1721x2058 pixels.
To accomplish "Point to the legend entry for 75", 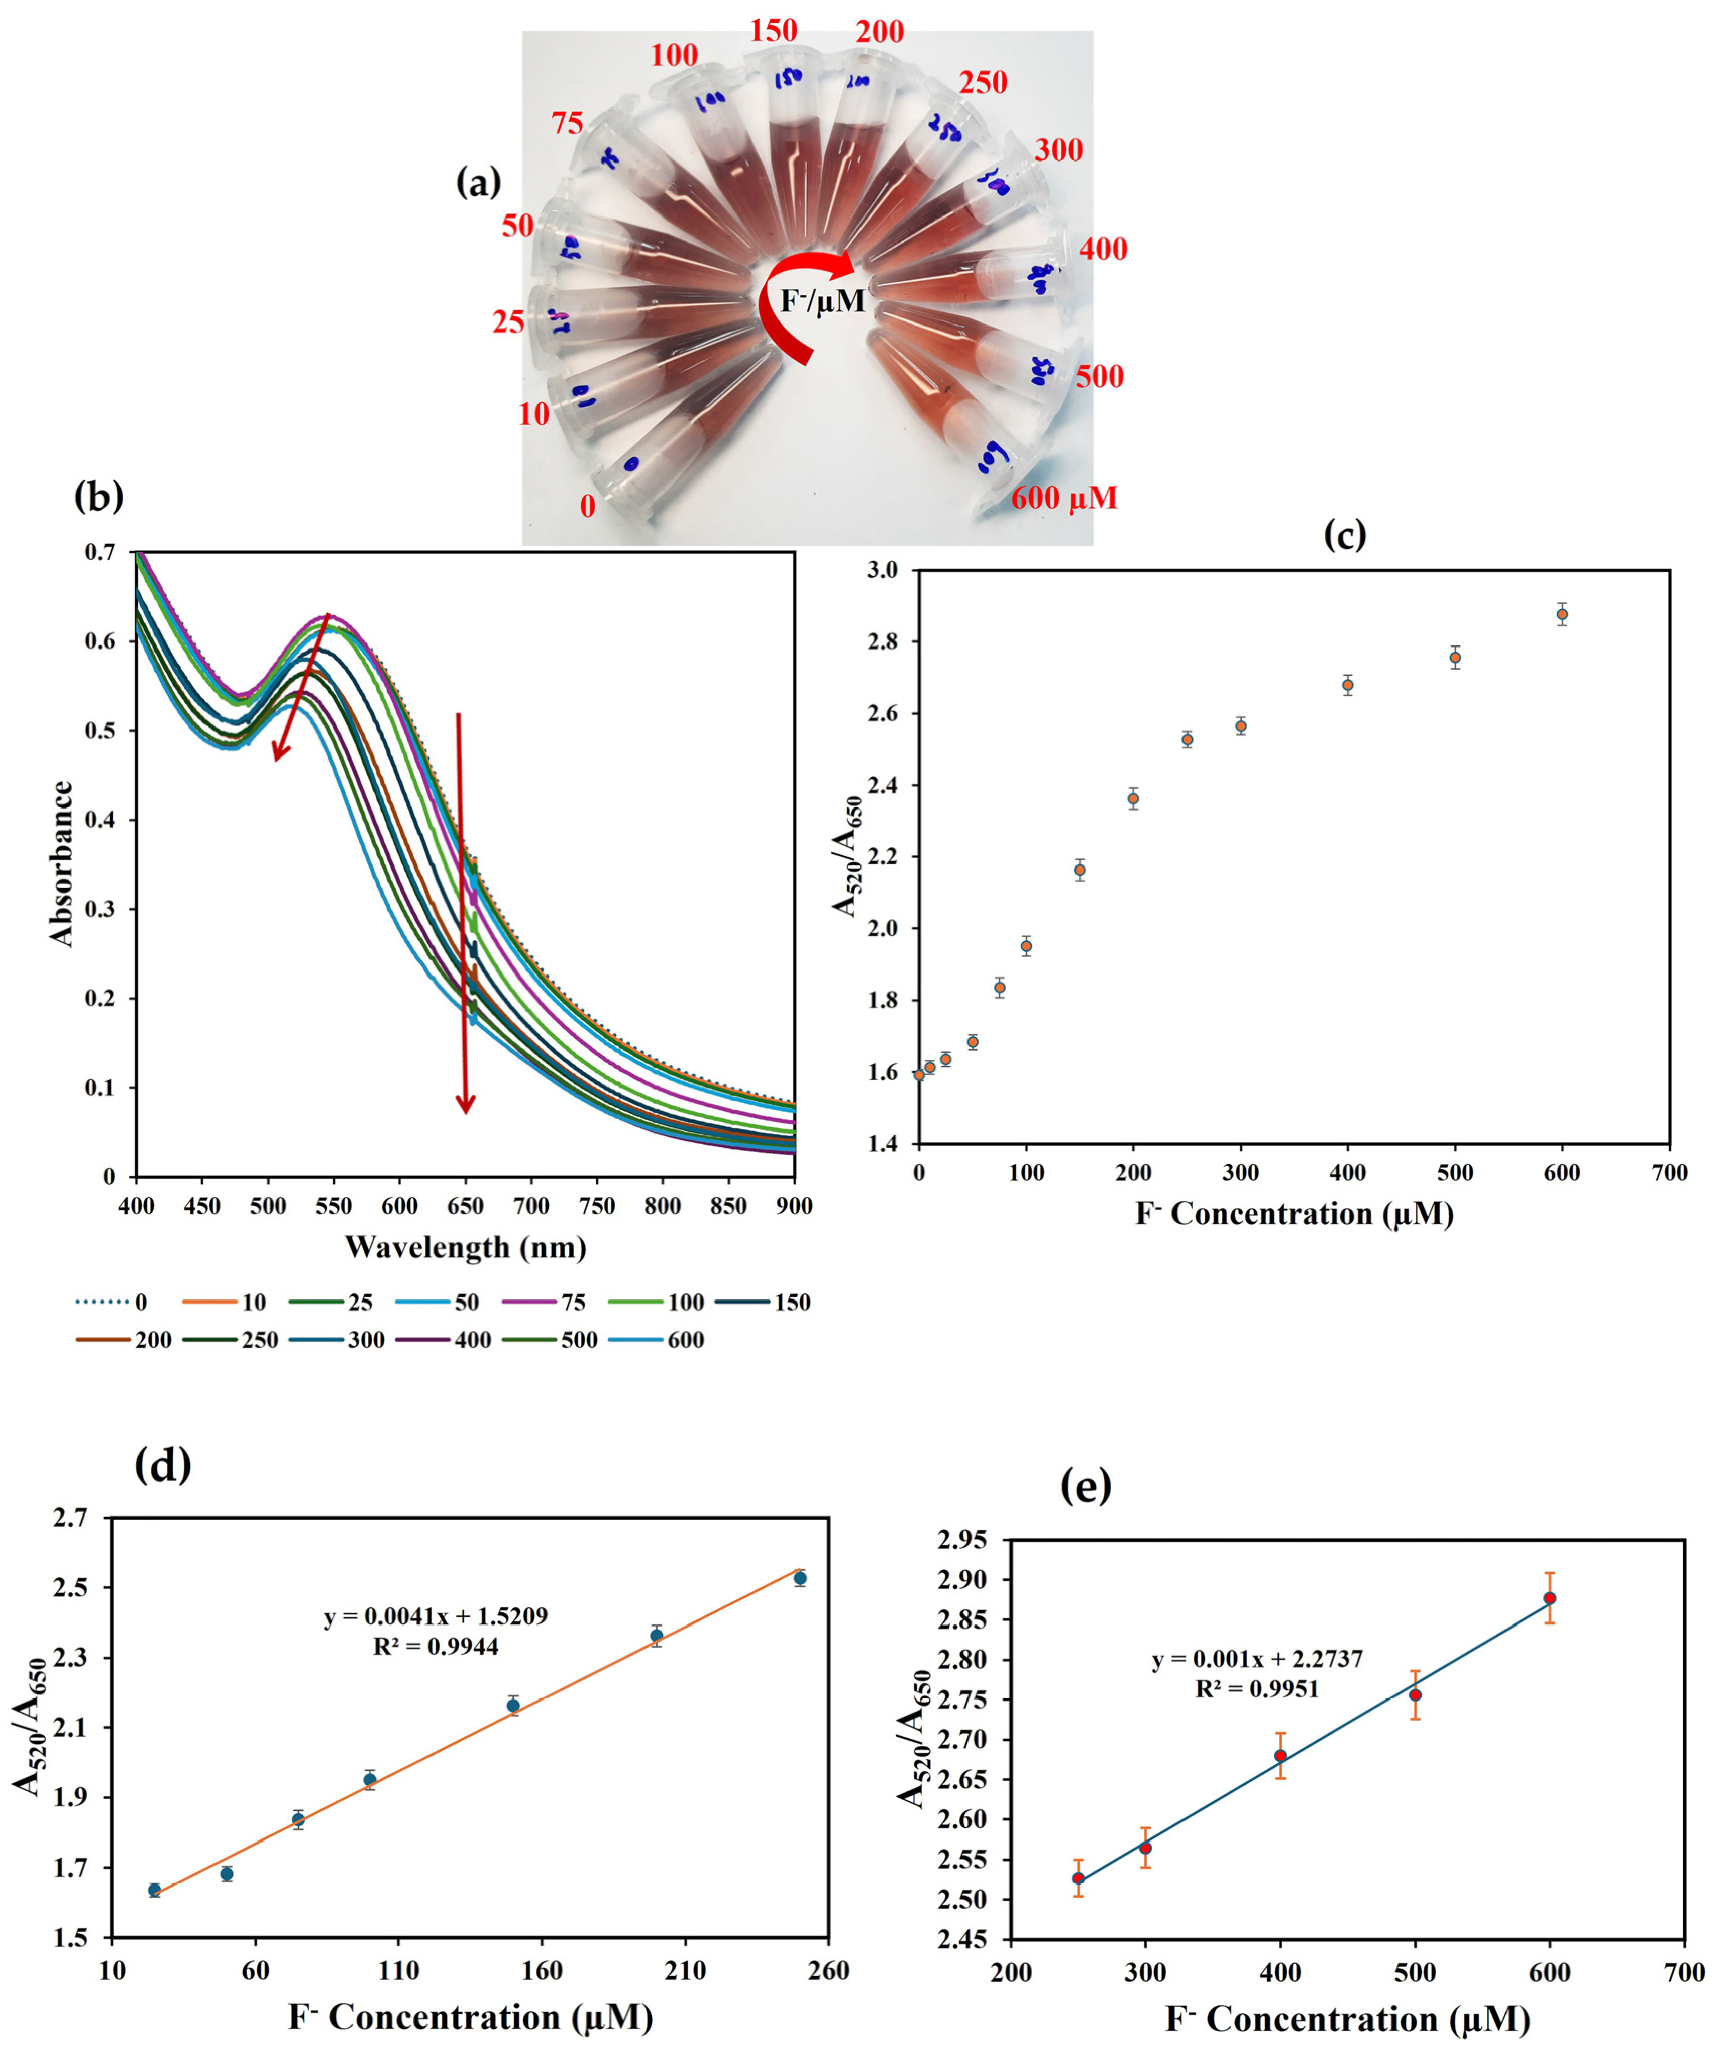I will (544, 1303).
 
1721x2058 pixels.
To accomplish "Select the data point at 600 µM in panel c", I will (1562, 614).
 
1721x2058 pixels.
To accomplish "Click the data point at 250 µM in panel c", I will (1187, 740).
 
